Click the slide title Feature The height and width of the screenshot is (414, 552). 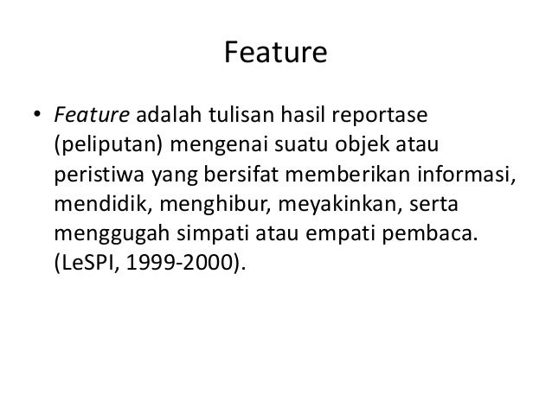point(275,54)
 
